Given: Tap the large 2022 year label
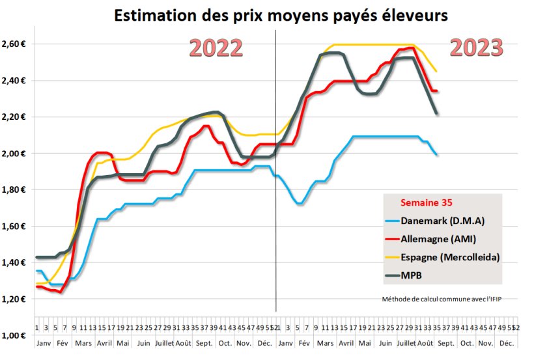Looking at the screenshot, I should pos(216,49).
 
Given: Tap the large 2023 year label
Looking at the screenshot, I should pos(477,48).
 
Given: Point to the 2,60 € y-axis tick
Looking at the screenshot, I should pos(14,44).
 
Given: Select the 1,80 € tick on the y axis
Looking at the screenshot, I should pos(14,190).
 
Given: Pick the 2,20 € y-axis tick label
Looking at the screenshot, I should pos(14,117).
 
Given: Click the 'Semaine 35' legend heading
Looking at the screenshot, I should pos(426,203).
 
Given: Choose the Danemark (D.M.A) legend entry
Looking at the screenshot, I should pos(443,220).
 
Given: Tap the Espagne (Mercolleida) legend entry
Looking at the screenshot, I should pos(451,256).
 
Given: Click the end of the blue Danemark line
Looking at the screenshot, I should pos(436,154).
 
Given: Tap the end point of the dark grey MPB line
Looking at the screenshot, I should pos(436,113).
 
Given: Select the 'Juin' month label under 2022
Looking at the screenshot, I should pos(145,342).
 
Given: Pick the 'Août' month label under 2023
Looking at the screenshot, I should pos(425,342).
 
